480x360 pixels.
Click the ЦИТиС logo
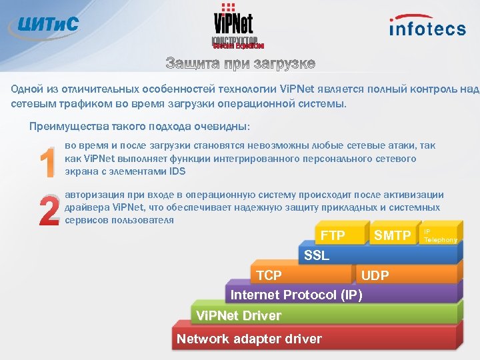(x=44, y=25)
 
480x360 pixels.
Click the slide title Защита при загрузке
(x=240, y=64)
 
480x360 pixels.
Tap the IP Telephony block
(x=441, y=235)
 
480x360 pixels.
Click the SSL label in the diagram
(x=317, y=256)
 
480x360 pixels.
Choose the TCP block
(x=269, y=275)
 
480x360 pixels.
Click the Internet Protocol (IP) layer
(x=296, y=295)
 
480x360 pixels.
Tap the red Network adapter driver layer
(x=249, y=339)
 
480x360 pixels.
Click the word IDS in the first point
(x=177, y=171)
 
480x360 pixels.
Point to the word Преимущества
(x=64, y=126)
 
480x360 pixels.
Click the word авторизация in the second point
(x=97, y=195)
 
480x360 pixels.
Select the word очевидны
(x=222, y=126)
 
